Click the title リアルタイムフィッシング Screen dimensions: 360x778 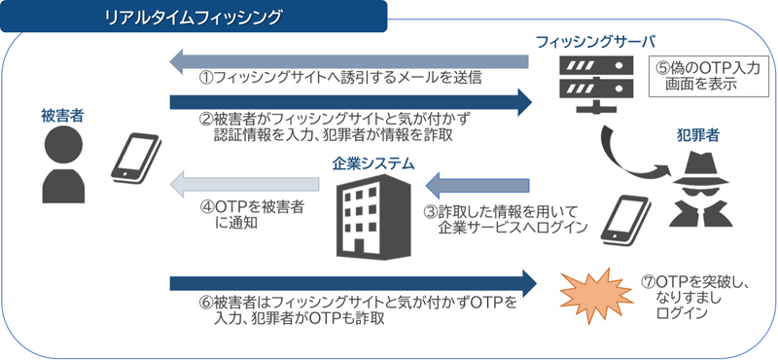(194, 17)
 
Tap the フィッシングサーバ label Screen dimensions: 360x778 (595, 42)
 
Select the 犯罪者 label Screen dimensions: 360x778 (696, 136)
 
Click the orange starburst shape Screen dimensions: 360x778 (595, 289)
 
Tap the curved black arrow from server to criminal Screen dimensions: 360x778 (632, 151)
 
